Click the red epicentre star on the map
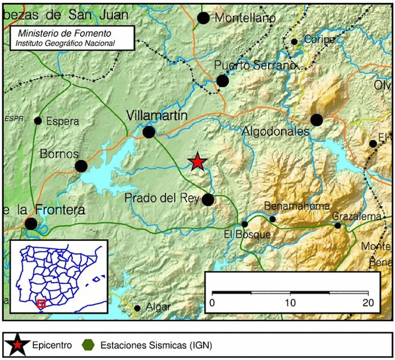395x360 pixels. point(197,162)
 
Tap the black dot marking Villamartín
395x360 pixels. point(149,132)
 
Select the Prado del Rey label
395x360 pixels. point(161,199)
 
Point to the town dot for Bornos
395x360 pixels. point(81,166)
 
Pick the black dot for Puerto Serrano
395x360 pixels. point(223,81)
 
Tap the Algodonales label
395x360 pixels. point(275,132)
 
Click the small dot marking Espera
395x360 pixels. point(38,121)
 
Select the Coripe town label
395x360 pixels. point(319,40)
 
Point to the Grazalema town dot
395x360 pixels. point(338,226)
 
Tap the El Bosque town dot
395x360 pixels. point(244,224)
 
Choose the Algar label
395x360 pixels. point(158,307)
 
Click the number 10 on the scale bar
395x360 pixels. point(291,302)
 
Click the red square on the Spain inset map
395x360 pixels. point(41,303)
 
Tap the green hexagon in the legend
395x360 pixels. point(88,345)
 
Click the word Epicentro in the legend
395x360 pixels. point(52,345)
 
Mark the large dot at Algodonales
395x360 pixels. point(317,120)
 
